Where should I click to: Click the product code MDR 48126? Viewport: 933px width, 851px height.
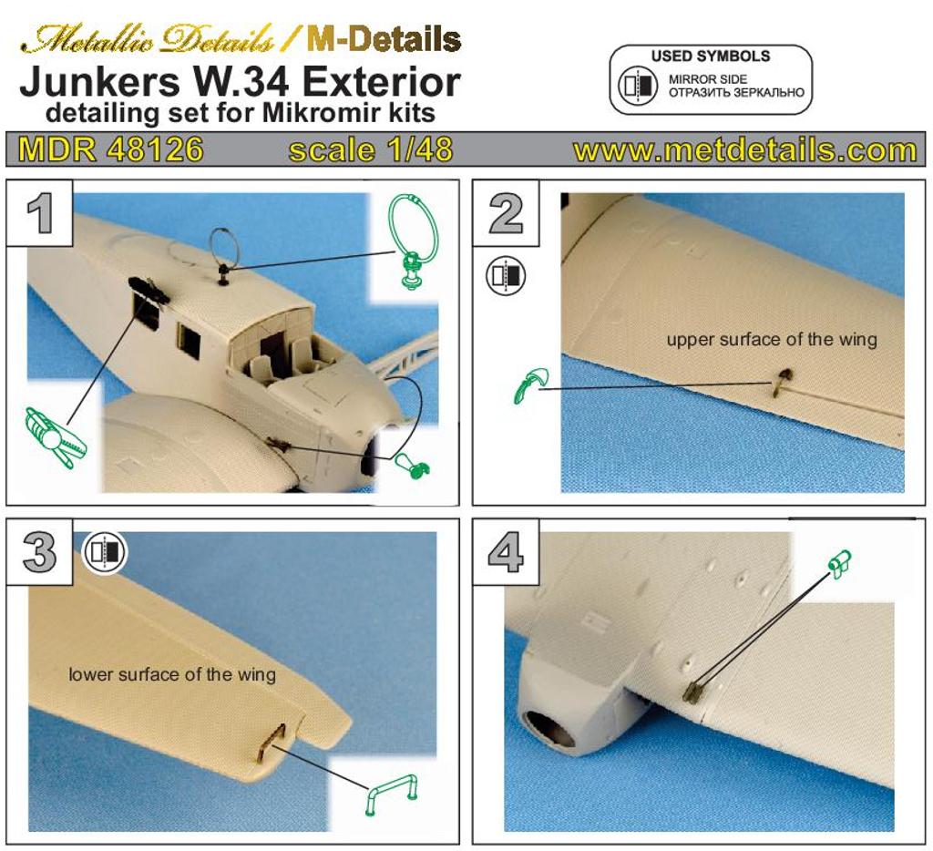(x=110, y=149)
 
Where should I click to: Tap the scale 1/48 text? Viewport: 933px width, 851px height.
(x=371, y=150)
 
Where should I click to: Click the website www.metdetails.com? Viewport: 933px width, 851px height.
(x=745, y=150)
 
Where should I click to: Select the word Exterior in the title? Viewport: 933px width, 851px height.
(x=382, y=82)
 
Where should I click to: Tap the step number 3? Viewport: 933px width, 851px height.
(x=39, y=552)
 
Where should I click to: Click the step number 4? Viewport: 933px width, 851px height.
(x=506, y=552)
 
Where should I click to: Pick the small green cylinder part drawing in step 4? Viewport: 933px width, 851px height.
(x=839, y=562)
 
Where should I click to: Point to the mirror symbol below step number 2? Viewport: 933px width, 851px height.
(x=506, y=276)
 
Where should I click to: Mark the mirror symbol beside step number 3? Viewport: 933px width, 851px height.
(x=105, y=552)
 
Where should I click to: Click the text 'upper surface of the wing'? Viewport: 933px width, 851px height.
(x=772, y=339)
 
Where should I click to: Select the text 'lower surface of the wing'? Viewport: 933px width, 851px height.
(x=172, y=674)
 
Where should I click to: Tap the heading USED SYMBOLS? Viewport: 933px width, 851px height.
(x=711, y=56)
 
